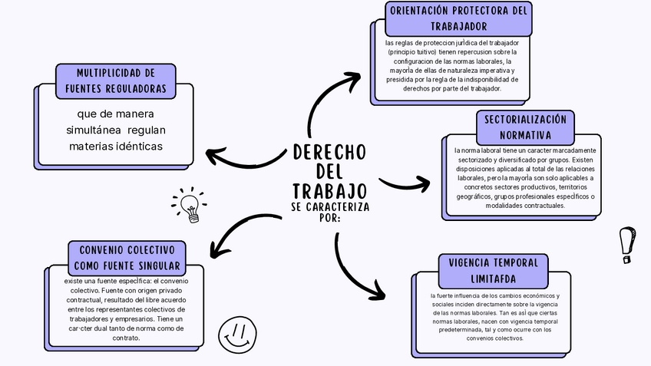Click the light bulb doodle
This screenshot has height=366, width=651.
189,206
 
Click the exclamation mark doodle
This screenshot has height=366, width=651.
627,244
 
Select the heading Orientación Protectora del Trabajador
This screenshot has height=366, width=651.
458,18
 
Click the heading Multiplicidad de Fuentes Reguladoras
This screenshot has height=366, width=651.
116,81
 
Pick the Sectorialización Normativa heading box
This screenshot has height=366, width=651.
524,127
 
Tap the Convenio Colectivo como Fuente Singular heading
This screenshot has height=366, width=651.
127,258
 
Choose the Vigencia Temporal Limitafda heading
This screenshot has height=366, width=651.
494,270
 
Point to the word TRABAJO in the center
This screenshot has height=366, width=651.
329,190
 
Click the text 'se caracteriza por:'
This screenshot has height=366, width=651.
329,212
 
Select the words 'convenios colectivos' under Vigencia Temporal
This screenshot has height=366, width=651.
494,338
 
